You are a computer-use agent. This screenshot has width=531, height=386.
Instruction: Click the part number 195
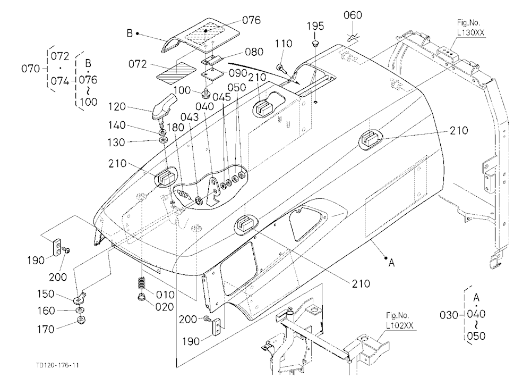[x=315, y=26]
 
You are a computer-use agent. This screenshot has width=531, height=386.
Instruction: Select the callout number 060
[x=353, y=15]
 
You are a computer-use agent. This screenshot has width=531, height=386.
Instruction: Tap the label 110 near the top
[x=284, y=44]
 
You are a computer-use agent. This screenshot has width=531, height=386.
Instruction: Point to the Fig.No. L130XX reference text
[x=470, y=28]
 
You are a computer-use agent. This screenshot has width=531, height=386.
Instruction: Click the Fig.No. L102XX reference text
[x=400, y=321]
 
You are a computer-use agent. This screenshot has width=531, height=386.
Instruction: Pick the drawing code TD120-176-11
[x=57, y=365]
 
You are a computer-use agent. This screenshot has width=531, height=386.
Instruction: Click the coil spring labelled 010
[x=142, y=283]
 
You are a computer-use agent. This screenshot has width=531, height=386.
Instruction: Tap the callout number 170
[x=45, y=329]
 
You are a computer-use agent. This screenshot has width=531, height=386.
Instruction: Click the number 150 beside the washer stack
[x=45, y=293]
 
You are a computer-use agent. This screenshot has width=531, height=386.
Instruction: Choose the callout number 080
[x=254, y=52]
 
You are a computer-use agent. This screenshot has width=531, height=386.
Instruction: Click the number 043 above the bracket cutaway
[x=190, y=117]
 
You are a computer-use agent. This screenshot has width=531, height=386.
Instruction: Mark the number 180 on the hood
[x=175, y=128]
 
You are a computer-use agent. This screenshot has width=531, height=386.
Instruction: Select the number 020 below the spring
[x=165, y=307]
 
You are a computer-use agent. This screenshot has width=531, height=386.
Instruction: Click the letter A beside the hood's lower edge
[x=391, y=263]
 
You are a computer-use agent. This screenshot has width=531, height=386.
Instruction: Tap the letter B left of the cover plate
[x=130, y=33]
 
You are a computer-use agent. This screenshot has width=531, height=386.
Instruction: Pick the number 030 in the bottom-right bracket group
[x=449, y=315]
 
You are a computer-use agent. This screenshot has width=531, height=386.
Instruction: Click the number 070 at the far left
[x=30, y=69]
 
